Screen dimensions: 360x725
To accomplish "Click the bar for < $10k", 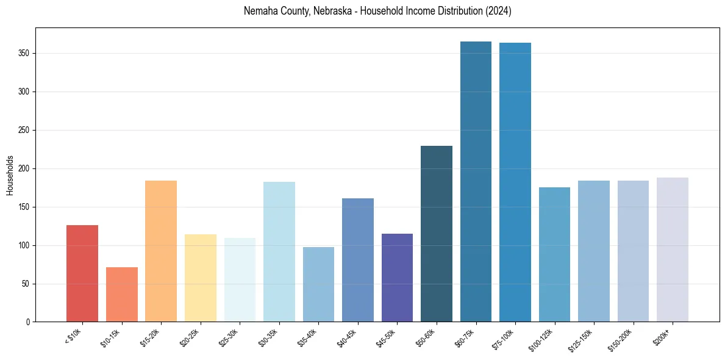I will (82, 273).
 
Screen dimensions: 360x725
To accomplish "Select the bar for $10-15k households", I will (121, 294).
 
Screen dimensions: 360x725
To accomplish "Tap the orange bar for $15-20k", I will (161, 251).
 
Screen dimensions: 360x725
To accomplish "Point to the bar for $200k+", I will (673, 250).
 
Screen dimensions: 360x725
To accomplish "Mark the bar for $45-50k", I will (397, 278).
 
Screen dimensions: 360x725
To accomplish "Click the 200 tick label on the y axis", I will (26, 169).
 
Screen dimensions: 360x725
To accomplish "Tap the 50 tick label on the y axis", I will (27, 284).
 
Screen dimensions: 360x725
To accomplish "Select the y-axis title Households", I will (10, 175).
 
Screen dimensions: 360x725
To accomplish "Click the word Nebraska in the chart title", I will (332, 12).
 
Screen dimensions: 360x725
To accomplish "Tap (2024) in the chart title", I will (498, 12).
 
